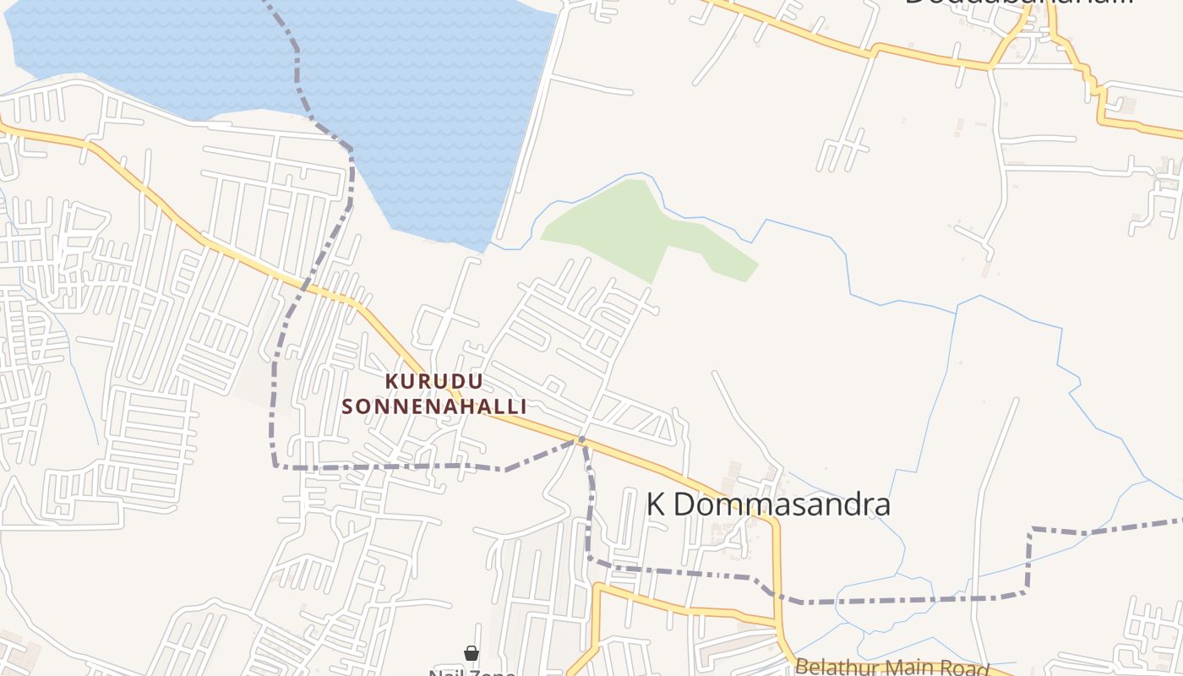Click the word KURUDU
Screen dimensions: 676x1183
coord(434,381)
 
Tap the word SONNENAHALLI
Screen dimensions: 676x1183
coord(434,406)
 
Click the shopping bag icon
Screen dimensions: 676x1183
coord(472,653)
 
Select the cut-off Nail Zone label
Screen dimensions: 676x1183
coord(472,673)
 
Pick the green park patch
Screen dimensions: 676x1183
coord(642,228)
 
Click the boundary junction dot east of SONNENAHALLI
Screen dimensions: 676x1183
coord(581,439)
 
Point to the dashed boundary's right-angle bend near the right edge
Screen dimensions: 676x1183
coord(1030,530)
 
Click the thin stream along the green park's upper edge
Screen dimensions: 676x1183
coord(591,188)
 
